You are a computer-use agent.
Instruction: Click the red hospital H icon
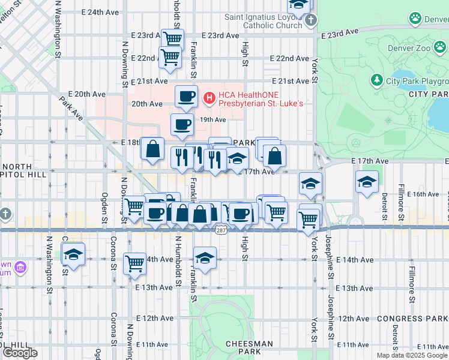pyautogui.click(x=209, y=97)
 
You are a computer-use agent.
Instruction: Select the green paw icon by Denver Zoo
pyautogui.click(x=415, y=19)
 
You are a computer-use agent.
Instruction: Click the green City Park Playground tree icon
pyautogui.click(x=376, y=80)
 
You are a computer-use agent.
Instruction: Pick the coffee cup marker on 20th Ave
pyautogui.click(x=186, y=96)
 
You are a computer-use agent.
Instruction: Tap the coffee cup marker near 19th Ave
pyautogui.click(x=182, y=125)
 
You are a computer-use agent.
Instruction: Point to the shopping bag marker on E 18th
pyautogui.click(x=153, y=148)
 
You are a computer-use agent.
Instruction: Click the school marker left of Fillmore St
pyautogui.click(x=366, y=182)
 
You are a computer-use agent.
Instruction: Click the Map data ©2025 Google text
pyautogui.click(x=412, y=355)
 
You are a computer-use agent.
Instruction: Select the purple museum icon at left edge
pyautogui.click(x=19, y=266)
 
